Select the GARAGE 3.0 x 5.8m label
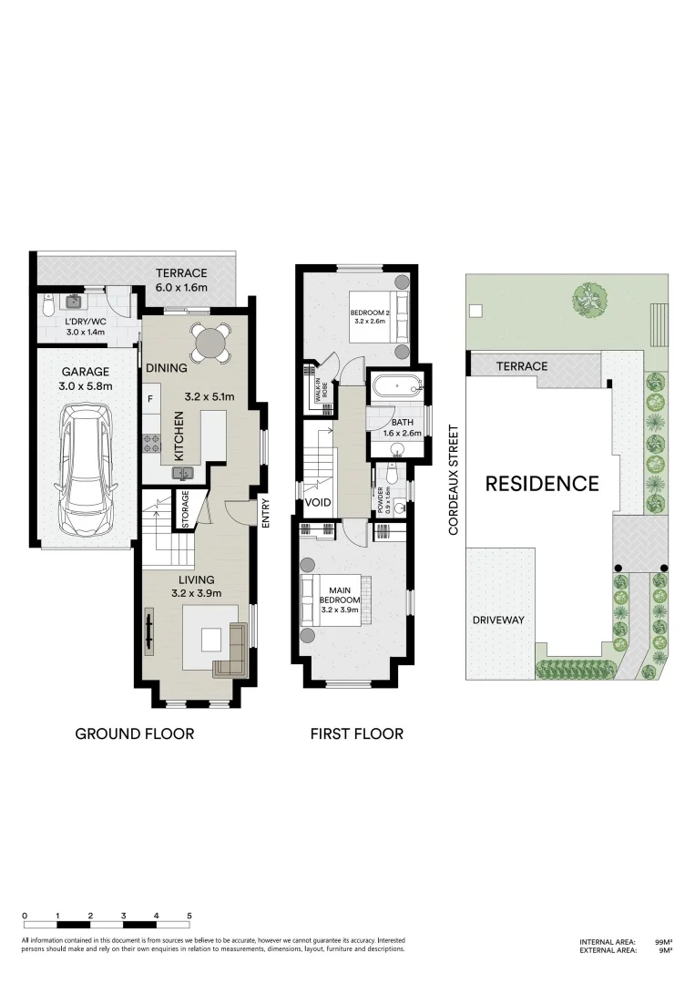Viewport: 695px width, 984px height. (x=85, y=379)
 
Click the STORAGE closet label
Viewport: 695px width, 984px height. (x=185, y=511)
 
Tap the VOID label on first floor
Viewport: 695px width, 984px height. (x=317, y=502)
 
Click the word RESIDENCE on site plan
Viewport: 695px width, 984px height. (x=541, y=483)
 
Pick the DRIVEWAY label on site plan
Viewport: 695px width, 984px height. (x=498, y=620)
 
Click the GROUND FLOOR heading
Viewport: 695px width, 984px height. (x=134, y=733)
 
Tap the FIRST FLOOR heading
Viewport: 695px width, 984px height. (x=356, y=733)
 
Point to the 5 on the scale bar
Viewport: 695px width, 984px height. (x=189, y=914)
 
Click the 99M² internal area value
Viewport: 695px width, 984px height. (x=663, y=941)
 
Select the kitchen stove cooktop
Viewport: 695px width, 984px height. (x=152, y=443)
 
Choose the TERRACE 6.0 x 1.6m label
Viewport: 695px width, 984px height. (x=181, y=280)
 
